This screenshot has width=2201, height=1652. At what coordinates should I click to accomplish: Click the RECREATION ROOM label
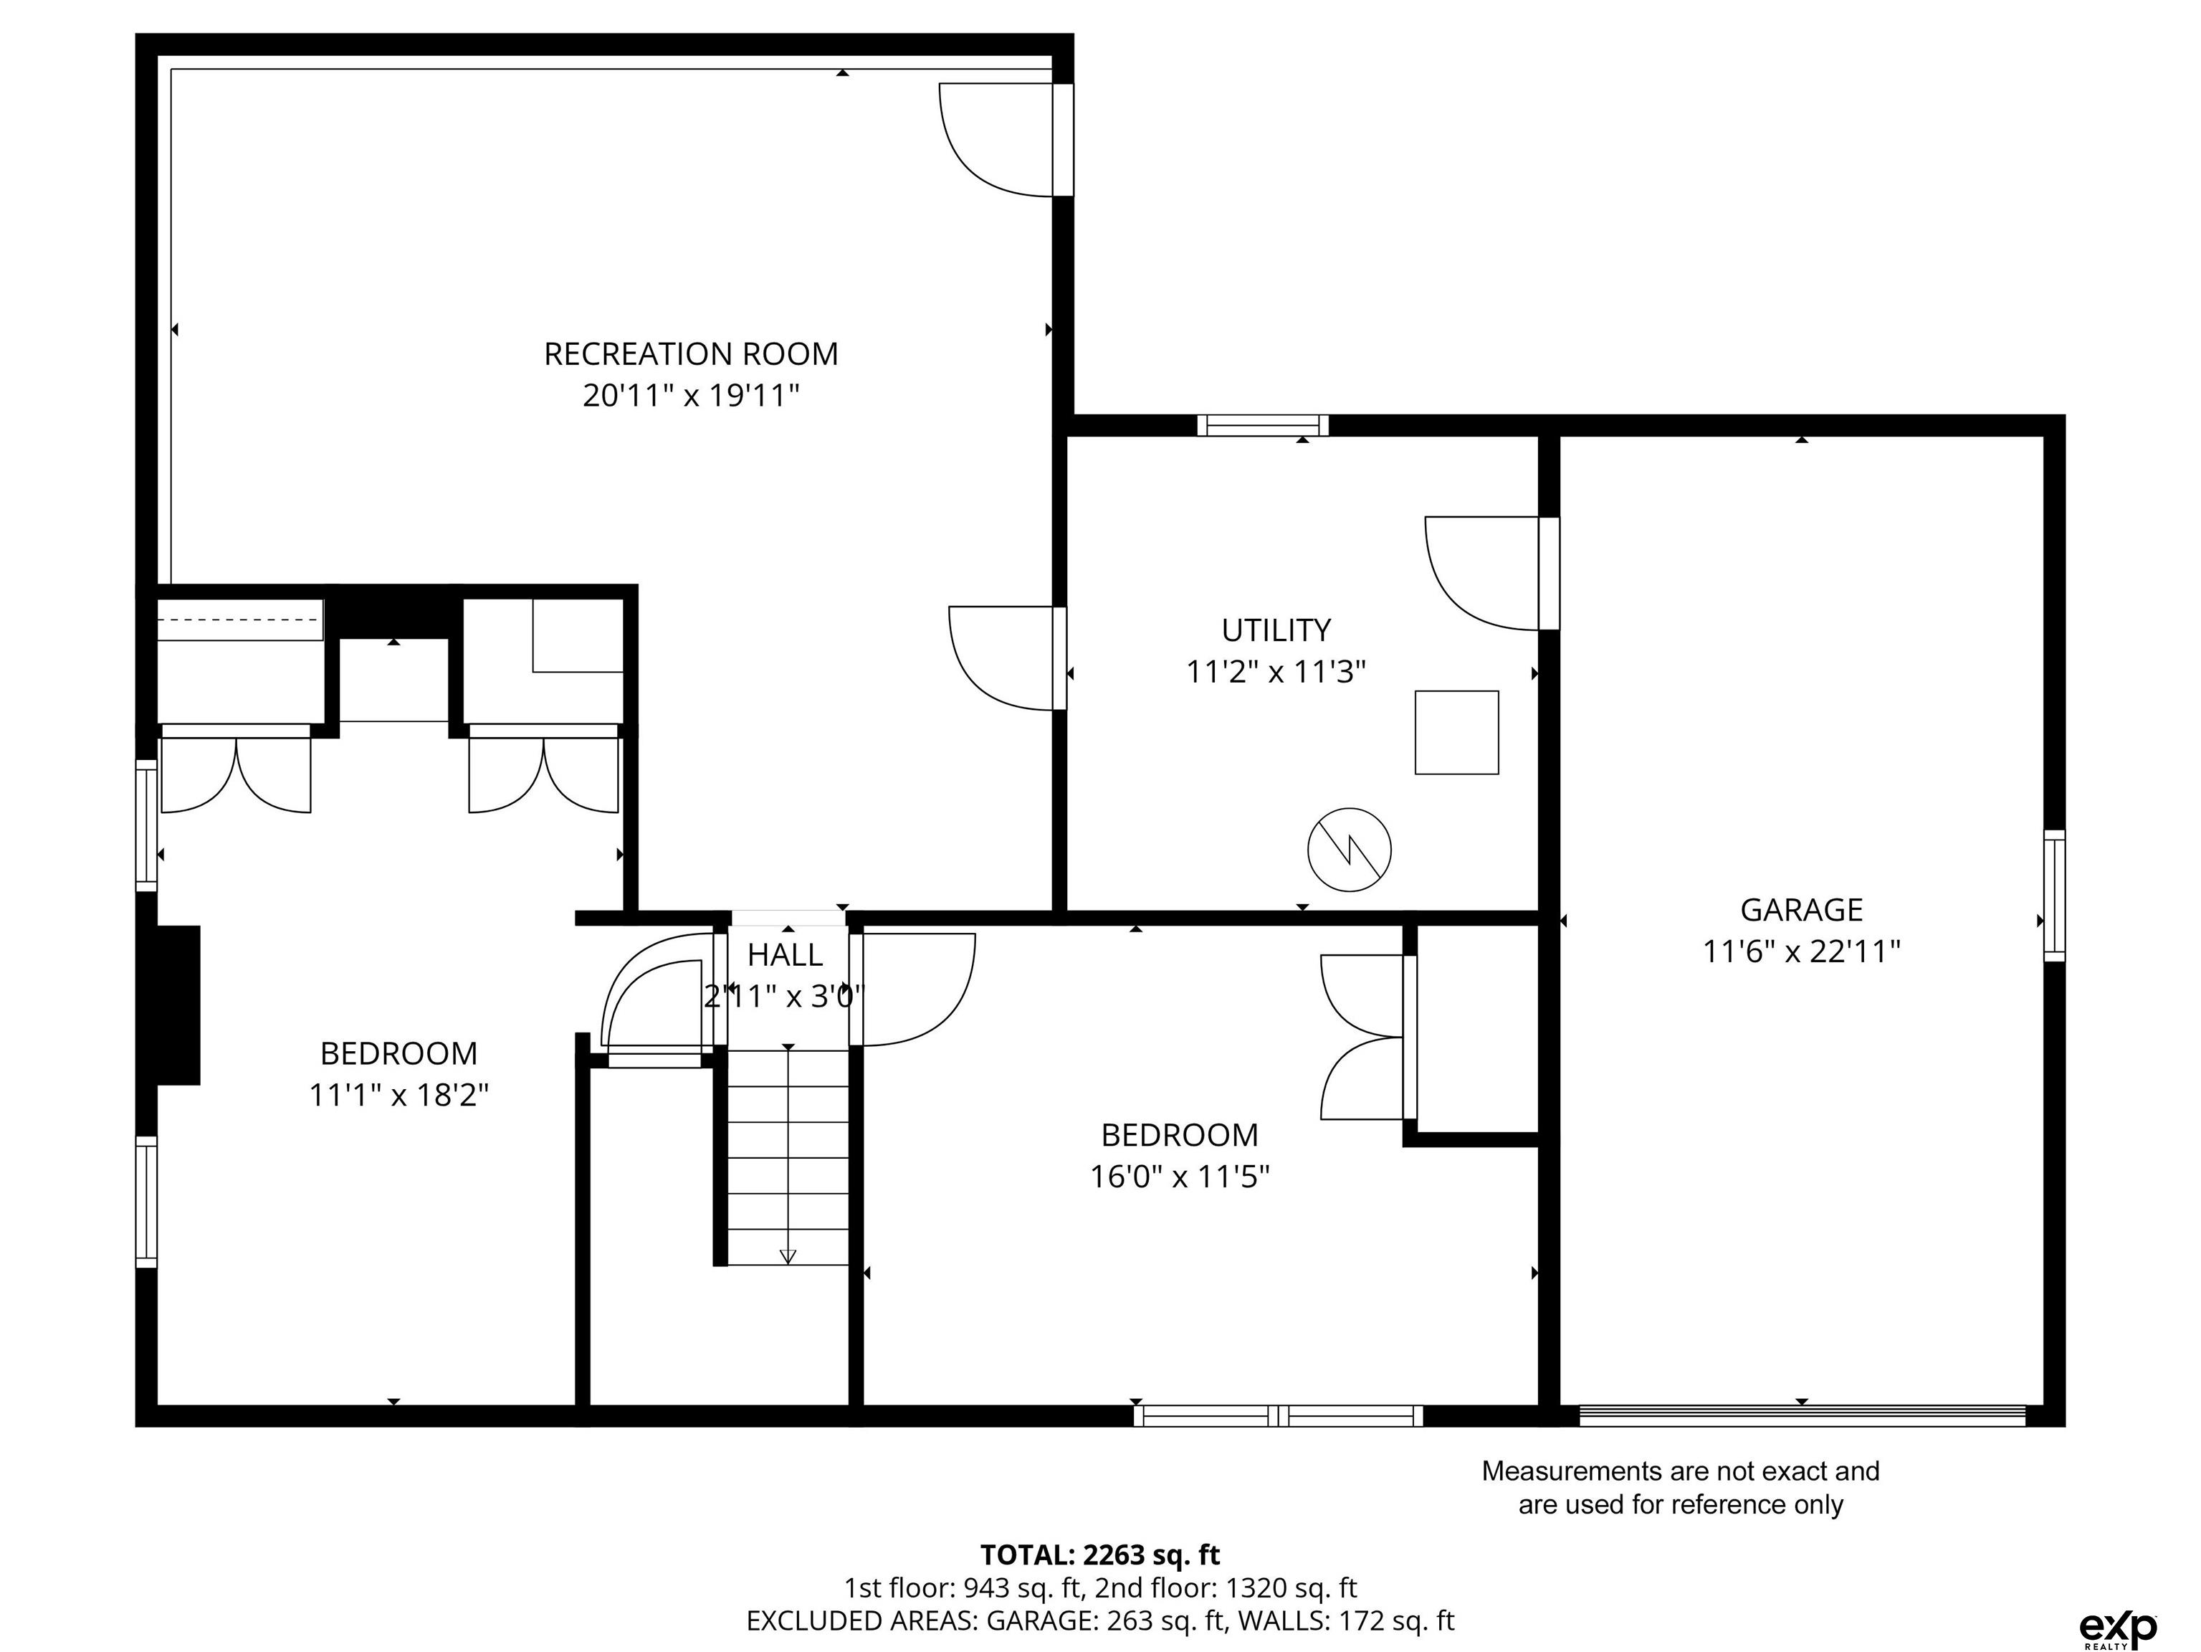[x=691, y=354]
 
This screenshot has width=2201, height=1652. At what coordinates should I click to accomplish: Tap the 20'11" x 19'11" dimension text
[x=691, y=396]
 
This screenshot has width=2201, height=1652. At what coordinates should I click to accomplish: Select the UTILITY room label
[x=1276, y=630]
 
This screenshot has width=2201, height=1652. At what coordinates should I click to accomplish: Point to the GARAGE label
[x=1801, y=910]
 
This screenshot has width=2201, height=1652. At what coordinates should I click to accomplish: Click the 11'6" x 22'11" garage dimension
[x=1801, y=952]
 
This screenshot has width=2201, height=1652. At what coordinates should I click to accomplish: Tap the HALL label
[x=785, y=955]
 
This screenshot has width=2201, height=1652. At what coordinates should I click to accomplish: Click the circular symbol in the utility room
[x=1350, y=850]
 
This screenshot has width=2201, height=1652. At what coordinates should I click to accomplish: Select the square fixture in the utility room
[x=1457, y=733]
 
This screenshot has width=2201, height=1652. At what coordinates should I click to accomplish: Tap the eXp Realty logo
[x=2119, y=1598]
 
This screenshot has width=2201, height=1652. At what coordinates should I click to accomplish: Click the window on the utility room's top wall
[x=1263, y=426]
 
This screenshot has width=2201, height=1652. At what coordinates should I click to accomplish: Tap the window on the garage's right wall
[x=2055, y=896]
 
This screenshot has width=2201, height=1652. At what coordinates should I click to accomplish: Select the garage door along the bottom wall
[x=1802, y=1416]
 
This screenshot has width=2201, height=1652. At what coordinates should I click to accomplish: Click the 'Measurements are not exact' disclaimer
[x=1681, y=1488]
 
